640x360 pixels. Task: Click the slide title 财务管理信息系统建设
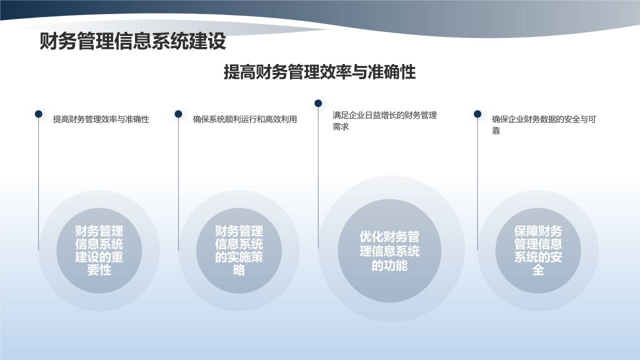[132, 41]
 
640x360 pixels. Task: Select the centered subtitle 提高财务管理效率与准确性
[319, 72]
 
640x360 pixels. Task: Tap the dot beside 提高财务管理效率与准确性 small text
[38, 114]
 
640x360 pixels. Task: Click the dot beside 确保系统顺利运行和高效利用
[178, 114]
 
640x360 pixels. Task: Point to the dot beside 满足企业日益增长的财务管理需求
[318, 103]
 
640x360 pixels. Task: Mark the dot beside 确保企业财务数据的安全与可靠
[477, 114]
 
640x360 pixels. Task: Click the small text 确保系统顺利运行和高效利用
[244, 119]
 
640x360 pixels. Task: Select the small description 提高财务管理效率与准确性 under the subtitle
[101, 119]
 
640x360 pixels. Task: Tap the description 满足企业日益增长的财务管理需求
[384, 120]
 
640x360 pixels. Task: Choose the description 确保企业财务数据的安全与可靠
[543, 125]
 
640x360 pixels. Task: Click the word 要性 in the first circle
[99, 270]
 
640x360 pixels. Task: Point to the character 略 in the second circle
[239, 270]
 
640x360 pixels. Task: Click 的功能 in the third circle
[389, 265]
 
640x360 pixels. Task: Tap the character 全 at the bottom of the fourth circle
[538, 270]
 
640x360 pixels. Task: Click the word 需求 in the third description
[340, 127]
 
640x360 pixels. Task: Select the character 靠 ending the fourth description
[496, 131]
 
